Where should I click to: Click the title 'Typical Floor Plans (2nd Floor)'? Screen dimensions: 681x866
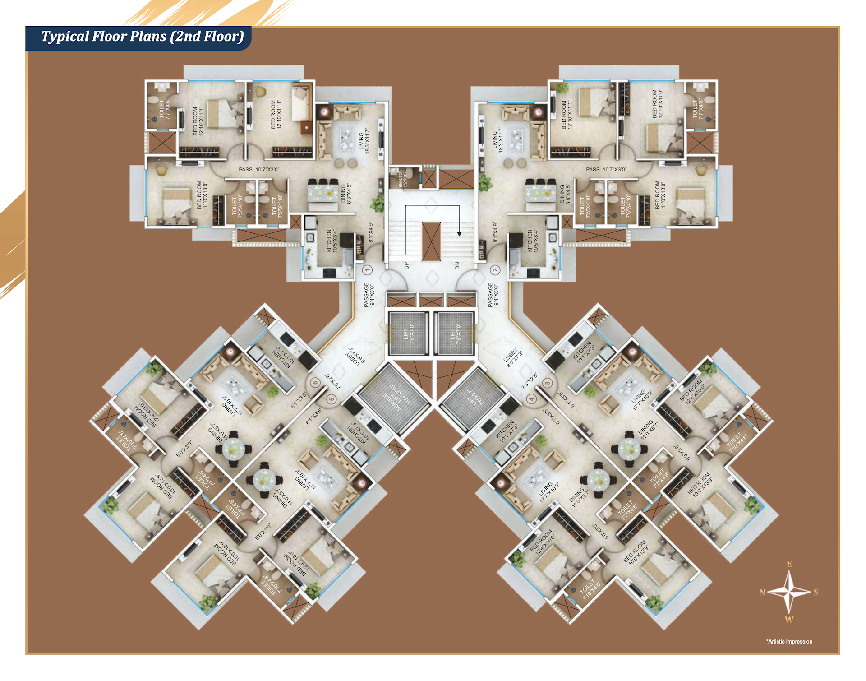(x=143, y=37)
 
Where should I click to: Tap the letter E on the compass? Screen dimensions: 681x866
(x=789, y=564)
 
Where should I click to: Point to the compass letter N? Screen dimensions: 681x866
(x=762, y=592)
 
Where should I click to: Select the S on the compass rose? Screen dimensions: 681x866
(x=816, y=592)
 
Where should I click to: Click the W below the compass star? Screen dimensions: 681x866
(x=789, y=620)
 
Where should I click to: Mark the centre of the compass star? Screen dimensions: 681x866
(x=789, y=592)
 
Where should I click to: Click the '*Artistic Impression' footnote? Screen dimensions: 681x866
(x=789, y=641)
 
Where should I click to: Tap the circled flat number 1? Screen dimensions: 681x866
(x=368, y=270)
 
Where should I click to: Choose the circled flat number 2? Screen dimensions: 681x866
(x=495, y=270)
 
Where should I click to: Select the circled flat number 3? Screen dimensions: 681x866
(x=548, y=383)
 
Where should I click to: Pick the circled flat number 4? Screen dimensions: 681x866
(x=531, y=399)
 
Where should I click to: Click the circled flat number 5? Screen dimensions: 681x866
(x=332, y=399)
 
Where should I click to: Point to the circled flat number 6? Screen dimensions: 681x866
(x=315, y=383)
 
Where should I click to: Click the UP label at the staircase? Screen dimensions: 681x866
(x=406, y=265)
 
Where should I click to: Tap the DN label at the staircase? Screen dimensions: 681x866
(x=457, y=265)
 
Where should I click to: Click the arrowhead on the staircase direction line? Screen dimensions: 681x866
(x=459, y=234)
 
